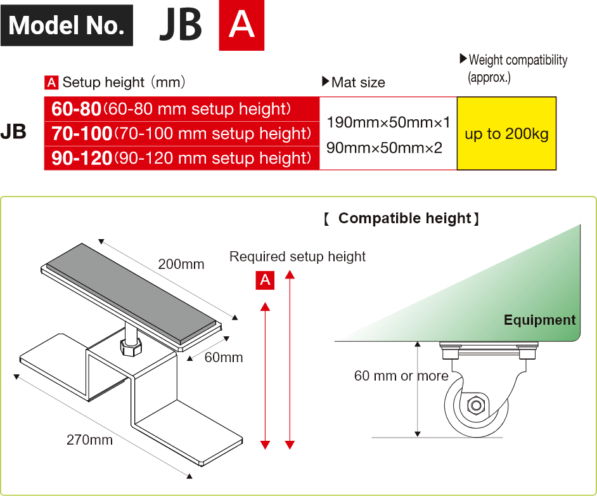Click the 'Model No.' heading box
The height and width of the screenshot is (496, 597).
point(67,25)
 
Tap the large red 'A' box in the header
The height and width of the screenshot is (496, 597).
point(241,25)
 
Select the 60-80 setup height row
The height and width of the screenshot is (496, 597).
point(182,109)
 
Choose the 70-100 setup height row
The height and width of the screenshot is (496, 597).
point(182,134)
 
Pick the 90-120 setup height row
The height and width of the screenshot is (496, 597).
point(182,158)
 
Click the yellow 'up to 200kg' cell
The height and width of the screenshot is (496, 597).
point(506,134)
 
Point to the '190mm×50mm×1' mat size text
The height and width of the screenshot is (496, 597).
point(388,122)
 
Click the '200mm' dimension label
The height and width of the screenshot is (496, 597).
point(181,264)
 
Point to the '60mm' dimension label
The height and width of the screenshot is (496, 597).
point(224,358)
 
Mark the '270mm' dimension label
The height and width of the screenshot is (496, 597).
point(89,440)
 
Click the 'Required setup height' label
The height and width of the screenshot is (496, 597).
point(297,257)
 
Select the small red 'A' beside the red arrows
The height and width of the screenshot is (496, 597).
point(265,280)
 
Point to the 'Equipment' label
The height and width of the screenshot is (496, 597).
point(539,320)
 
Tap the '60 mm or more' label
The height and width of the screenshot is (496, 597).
point(401,376)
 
